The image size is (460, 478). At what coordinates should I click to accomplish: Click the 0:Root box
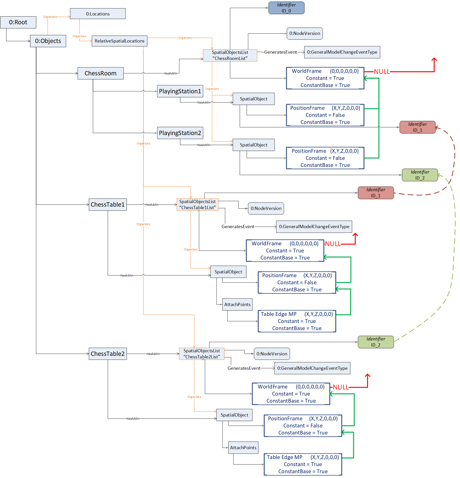[x=18, y=22]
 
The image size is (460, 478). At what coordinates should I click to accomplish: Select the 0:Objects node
[x=48, y=41]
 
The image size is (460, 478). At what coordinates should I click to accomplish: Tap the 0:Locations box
[x=98, y=14]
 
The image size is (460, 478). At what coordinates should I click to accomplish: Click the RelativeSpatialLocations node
[x=119, y=41]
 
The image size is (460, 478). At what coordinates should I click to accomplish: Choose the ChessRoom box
[x=101, y=73]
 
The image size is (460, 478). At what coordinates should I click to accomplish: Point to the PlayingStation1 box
[x=180, y=91]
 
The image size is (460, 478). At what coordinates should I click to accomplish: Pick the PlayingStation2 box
[x=180, y=133]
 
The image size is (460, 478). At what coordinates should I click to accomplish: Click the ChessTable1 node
[x=108, y=205]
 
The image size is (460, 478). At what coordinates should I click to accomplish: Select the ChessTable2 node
[x=108, y=354]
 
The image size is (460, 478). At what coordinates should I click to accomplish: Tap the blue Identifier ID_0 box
[x=286, y=8]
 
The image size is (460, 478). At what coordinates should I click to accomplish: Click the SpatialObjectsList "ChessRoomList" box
[x=230, y=55]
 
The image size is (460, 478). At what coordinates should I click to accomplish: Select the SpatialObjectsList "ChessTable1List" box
[x=198, y=205]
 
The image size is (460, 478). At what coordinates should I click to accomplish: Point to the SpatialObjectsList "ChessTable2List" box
[x=202, y=354]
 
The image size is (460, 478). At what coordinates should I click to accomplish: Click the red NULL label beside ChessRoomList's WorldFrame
[x=382, y=72]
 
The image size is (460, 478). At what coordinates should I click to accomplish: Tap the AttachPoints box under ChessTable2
[x=243, y=448]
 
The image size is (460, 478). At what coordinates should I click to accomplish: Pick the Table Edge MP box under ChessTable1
[x=297, y=321]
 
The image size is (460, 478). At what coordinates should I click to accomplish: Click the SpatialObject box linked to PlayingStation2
[x=254, y=145]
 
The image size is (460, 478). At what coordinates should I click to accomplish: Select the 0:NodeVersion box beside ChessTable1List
[x=266, y=208]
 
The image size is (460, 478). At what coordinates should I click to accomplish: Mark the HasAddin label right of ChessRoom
[x=171, y=73]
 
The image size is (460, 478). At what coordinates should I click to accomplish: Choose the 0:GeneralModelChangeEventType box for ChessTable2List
[x=312, y=368]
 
